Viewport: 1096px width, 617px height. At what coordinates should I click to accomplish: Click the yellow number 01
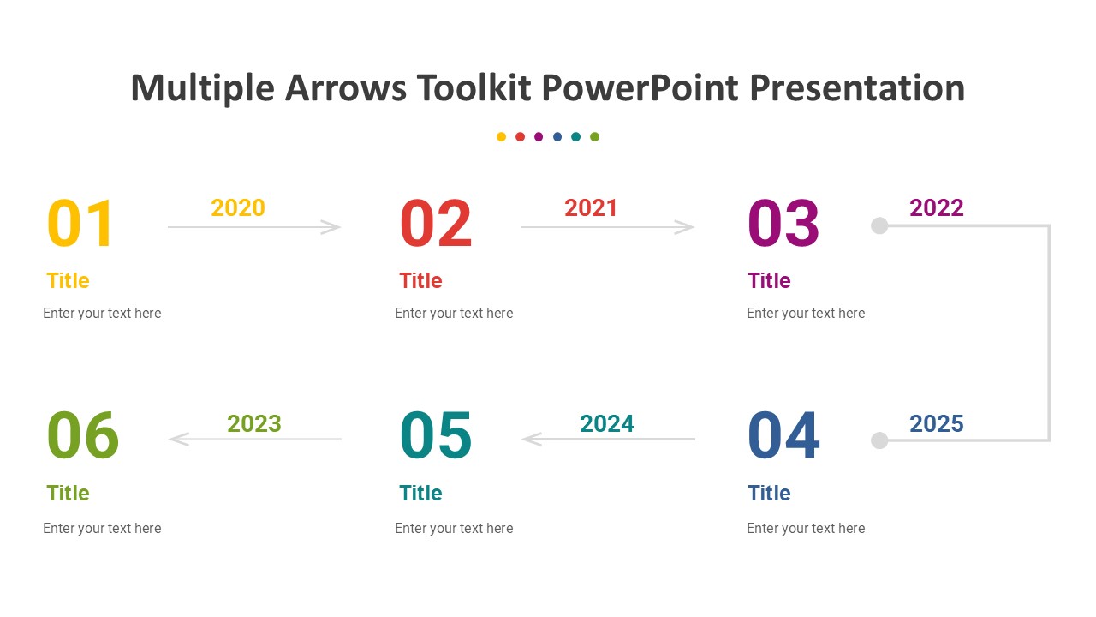click(80, 224)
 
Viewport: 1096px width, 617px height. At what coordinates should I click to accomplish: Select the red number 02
click(436, 224)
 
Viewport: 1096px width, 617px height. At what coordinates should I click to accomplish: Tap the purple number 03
click(783, 224)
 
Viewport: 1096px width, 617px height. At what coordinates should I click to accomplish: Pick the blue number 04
click(783, 435)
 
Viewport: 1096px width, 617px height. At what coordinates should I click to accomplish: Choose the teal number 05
click(436, 435)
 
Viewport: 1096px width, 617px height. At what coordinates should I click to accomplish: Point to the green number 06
click(83, 435)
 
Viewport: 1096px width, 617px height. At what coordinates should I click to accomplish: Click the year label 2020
click(238, 208)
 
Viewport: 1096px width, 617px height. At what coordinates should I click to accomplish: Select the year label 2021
click(591, 208)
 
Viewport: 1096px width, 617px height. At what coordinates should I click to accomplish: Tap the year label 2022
click(937, 208)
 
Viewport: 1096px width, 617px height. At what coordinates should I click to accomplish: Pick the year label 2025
click(937, 424)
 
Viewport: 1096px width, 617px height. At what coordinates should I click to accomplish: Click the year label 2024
click(607, 424)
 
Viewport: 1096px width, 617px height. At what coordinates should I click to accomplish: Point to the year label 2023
click(254, 424)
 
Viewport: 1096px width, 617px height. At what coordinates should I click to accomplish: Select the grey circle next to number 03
click(879, 225)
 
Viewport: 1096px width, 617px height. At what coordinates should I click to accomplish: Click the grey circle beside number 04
click(879, 440)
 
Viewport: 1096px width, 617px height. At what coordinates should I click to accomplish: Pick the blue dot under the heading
click(557, 136)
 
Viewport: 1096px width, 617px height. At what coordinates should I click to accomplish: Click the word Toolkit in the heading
click(474, 88)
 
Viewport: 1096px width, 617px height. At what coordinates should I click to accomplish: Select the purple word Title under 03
click(769, 280)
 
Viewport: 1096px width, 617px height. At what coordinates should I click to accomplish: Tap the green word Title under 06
click(68, 493)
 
